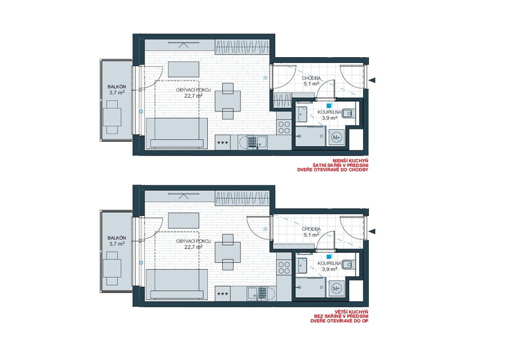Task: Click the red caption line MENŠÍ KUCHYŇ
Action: [x=351, y=161]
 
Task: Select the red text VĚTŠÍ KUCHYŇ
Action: [x=352, y=311]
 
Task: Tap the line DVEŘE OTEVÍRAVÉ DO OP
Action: [x=340, y=321]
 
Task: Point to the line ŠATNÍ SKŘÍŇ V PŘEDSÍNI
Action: [x=341, y=165]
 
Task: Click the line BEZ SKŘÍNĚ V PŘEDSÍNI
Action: [x=342, y=316]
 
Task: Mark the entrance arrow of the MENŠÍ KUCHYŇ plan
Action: [x=372, y=80]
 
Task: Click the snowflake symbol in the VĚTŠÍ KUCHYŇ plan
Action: [x=266, y=229]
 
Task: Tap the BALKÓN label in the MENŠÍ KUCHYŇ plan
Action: [x=117, y=87]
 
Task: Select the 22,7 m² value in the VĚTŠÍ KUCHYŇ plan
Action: [x=193, y=247]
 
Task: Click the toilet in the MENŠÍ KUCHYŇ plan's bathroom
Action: [x=349, y=114]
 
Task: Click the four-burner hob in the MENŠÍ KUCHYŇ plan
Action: [x=284, y=127]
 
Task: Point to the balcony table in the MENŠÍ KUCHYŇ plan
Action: [x=112, y=117]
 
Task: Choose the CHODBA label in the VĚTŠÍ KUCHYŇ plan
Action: [x=311, y=229]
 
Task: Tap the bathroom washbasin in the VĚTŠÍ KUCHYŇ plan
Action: [x=303, y=266]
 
